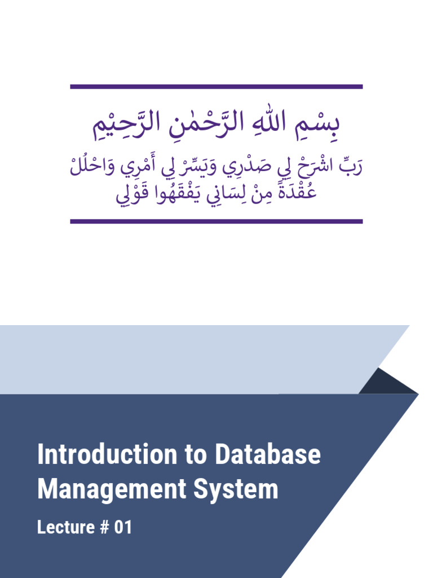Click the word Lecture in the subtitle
(66, 528)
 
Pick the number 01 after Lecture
(123, 528)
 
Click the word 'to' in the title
(198, 454)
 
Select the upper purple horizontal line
(216, 87)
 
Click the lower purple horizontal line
(216, 221)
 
